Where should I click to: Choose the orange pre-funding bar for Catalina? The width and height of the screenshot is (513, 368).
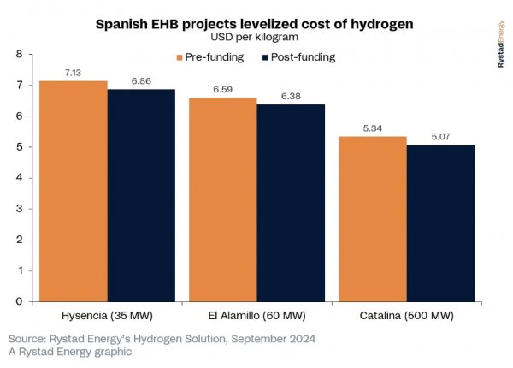tap(372, 218)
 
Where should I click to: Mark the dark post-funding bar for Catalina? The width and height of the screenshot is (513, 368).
tap(440, 223)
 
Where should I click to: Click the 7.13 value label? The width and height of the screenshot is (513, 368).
tap(74, 73)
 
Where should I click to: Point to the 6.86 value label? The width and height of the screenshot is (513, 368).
tap(141, 81)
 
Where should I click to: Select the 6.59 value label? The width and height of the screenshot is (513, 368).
tap(222, 89)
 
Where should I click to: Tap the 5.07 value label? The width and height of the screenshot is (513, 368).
tap(440, 136)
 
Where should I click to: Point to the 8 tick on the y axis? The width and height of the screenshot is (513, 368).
tap(20, 54)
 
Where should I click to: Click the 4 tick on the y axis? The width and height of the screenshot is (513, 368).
tap(20, 178)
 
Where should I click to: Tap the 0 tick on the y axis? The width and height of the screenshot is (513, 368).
tap(20, 301)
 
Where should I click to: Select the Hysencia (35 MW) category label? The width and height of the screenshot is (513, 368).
tap(107, 315)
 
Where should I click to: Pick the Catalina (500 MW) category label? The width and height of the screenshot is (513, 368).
tap(406, 315)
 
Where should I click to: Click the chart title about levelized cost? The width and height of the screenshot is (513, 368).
tap(256, 25)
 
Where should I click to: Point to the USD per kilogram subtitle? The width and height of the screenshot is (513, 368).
tap(256, 39)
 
